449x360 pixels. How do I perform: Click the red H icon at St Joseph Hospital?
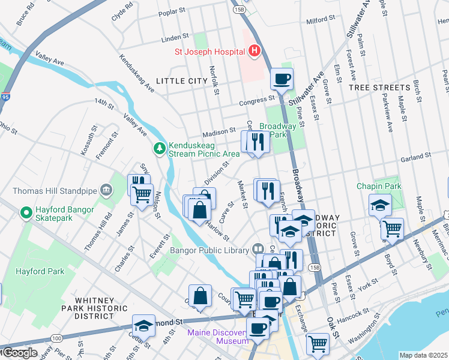(254, 51)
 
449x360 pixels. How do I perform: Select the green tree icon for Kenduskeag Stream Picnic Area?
(159, 147)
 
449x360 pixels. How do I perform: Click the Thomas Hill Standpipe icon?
(106, 190)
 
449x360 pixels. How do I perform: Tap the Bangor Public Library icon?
(258, 248)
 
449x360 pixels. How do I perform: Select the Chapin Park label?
(378, 186)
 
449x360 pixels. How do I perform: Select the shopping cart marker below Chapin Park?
(392, 228)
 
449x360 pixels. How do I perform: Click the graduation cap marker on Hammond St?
(143, 325)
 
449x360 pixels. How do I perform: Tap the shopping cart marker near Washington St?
(318, 344)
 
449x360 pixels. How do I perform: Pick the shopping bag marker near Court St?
(200, 296)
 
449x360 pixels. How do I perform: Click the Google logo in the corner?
(20, 353)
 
